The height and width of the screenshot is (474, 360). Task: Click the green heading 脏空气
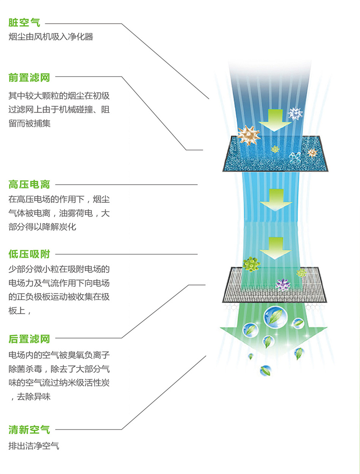tap(24, 23)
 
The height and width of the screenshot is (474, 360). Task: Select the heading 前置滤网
tap(29, 78)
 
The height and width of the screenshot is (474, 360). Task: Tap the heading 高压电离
tap(29, 185)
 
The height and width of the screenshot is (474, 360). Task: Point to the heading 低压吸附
tap(29, 254)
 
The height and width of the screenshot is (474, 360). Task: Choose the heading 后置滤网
tap(29, 338)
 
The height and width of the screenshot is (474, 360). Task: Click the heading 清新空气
tap(29, 430)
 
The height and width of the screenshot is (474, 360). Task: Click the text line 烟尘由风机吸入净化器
tap(51, 37)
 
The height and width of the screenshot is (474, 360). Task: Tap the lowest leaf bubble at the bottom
tap(265, 370)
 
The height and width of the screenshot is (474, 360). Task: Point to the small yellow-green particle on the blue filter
tap(275, 149)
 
